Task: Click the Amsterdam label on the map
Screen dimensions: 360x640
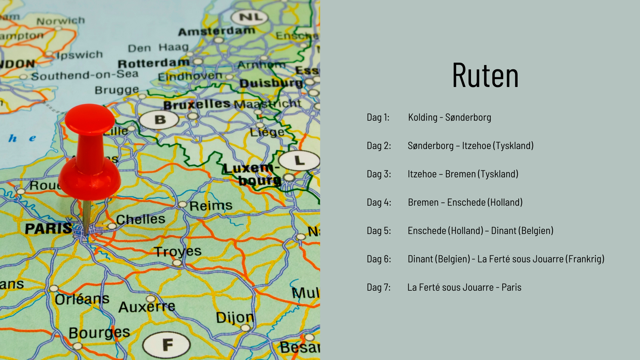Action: click(x=216, y=31)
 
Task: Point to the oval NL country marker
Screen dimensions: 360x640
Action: click(x=249, y=17)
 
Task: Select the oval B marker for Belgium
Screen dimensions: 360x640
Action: click(x=159, y=120)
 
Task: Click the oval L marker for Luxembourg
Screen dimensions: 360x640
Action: click(x=299, y=160)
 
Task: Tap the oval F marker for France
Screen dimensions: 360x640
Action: click(x=166, y=345)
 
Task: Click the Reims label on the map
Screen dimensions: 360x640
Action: click(x=211, y=206)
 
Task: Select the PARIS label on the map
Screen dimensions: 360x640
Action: click(x=48, y=229)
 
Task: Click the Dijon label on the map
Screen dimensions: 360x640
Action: click(x=235, y=318)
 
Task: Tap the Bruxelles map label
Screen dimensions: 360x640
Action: click(x=197, y=105)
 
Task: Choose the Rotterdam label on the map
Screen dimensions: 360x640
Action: click(x=153, y=63)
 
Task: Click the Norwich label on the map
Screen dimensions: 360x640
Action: click(x=60, y=21)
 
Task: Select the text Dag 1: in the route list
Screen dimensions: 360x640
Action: click(x=378, y=117)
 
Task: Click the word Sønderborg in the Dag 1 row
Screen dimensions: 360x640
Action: click(x=468, y=117)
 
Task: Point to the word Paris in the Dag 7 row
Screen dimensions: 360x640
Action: click(x=511, y=287)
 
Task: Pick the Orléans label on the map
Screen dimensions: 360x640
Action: click(x=82, y=299)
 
